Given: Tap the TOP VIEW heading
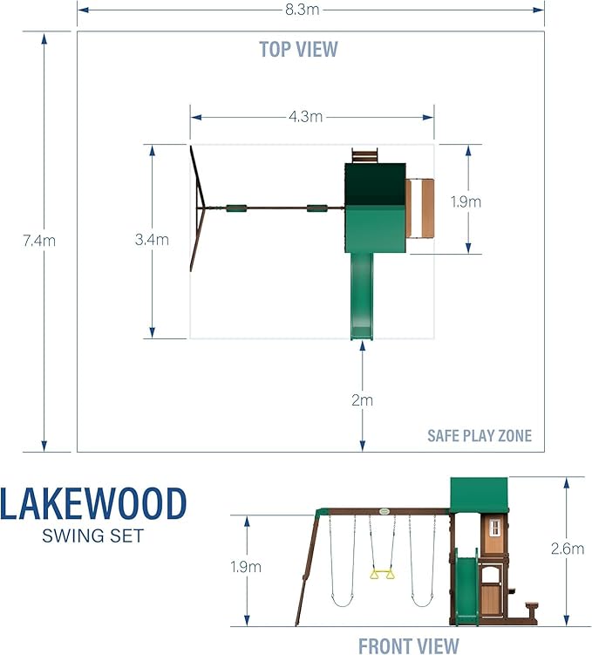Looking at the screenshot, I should click(298, 49).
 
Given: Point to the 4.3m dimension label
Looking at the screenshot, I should click(311, 115).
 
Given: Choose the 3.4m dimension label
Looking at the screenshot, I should click(153, 241).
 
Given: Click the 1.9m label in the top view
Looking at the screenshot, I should click(466, 201).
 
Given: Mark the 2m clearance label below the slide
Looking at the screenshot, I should click(362, 400).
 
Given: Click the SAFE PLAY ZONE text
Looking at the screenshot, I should click(479, 435).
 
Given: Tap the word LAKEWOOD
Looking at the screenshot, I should click(93, 505).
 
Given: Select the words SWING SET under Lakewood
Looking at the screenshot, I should click(92, 536).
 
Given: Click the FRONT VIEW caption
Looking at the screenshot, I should click(408, 645).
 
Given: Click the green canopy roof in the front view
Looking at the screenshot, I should click(478, 495).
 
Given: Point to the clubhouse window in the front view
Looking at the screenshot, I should click(495, 529).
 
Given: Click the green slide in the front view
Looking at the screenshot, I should click(467, 589).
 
